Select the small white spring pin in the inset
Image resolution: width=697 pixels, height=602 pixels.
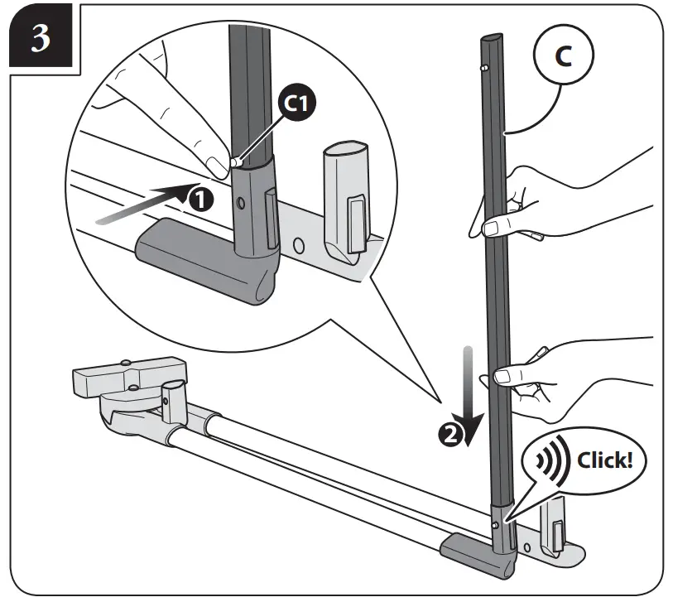(234, 164)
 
